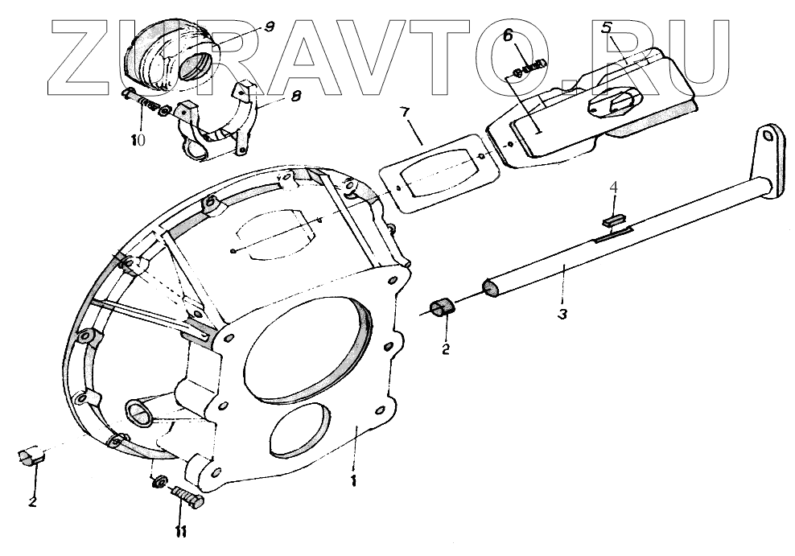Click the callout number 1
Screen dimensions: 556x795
pyautogui.click(x=352, y=481)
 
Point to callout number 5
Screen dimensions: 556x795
pyautogui.click(x=608, y=27)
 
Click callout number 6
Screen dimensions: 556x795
pyautogui.click(x=507, y=35)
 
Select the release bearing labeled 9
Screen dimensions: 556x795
pyautogui.click(x=174, y=54)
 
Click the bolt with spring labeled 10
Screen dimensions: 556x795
pyautogui.click(x=145, y=102)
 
